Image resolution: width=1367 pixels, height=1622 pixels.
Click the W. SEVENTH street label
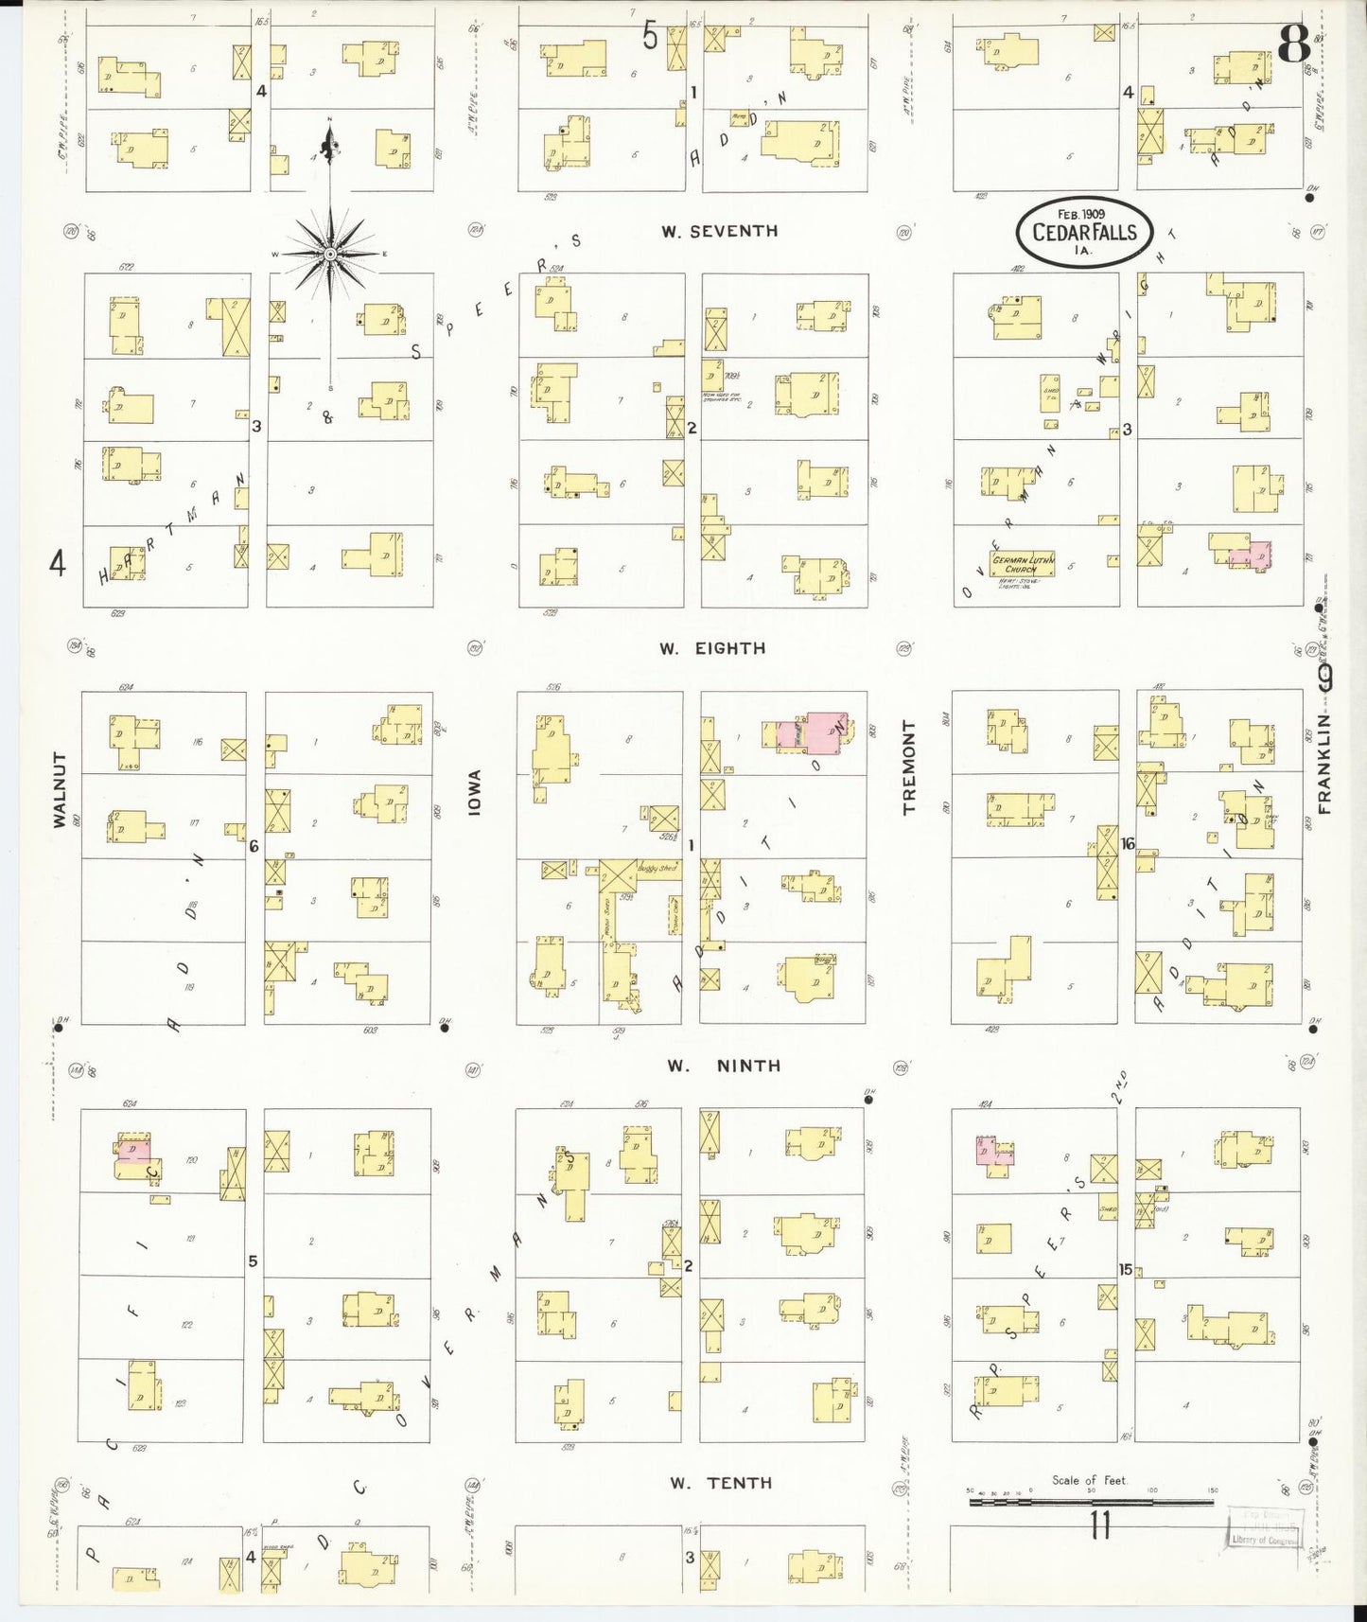point(719,231)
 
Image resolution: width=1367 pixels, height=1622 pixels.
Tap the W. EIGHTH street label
point(712,648)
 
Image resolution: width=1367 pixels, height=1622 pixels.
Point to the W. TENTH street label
point(720,1483)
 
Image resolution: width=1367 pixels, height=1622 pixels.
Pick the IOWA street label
point(475,792)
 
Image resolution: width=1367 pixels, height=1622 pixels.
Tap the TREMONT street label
point(910,767)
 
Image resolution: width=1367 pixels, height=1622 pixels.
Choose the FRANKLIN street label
point(1324,764)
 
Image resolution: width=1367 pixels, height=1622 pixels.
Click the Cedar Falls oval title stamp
point(1084,232)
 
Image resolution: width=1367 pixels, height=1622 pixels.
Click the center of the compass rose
point(329,254)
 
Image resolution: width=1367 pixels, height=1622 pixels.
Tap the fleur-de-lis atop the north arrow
point(329,144)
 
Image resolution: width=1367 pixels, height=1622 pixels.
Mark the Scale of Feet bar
point(1090,1501)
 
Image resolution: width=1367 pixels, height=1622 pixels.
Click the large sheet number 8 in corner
point(1293,43)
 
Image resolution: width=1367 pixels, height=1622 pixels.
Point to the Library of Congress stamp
point(1264,1525)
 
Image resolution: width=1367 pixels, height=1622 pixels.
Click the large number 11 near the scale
point(1098,1525)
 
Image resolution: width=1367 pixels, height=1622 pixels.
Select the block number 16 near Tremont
point(1127,843)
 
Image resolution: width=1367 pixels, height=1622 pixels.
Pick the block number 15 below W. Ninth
point(1126,1269)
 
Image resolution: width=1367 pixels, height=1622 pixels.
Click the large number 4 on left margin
point(58,565)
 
